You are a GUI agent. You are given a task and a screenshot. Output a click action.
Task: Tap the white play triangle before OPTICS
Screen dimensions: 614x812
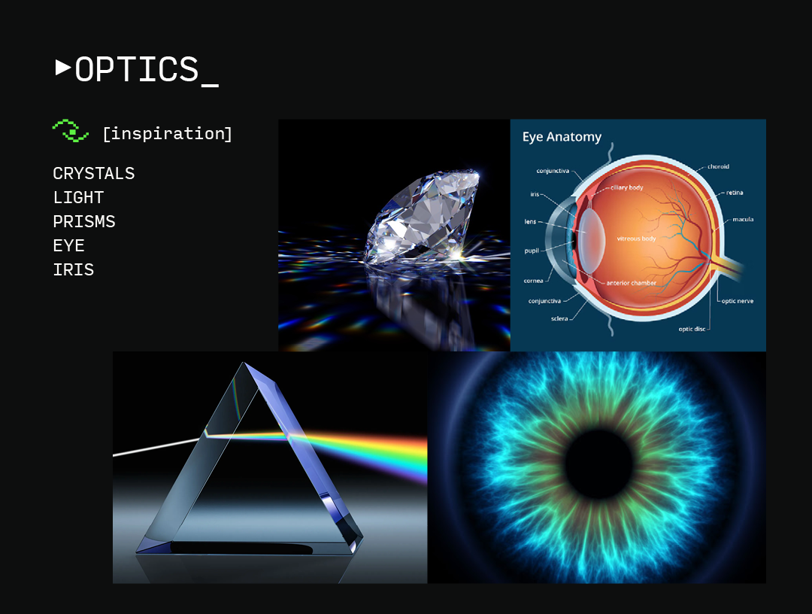pyautogui.click(x=62, y=68)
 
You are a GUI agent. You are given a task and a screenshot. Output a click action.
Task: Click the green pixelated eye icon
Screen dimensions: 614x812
pyautogui.click(x=71, y=131)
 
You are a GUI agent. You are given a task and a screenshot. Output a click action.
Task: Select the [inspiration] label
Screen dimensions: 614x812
pyautogui.click(x=167, y=134)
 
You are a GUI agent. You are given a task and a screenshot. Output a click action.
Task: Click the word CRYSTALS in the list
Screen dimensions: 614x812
pyautogui.click(x=94, y=174)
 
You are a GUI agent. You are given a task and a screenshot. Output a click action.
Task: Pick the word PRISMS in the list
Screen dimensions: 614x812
pyautogui.click(x=84, y=222)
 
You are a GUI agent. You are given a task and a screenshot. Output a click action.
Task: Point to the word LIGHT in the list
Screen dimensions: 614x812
pyautogui.click(x=78, y=198)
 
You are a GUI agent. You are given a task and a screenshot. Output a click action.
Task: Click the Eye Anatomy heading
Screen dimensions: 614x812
pyautogui.click(x=562, y=137)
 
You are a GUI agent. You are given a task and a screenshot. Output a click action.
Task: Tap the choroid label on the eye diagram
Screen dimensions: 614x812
pyautogui.click(x=718, y=166)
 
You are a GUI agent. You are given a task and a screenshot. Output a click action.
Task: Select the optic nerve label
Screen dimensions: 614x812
pyautogui.click(x=737, y=301)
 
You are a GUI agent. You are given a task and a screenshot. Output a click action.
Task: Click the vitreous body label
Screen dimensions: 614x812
pyautogui.click(x=636, y=239)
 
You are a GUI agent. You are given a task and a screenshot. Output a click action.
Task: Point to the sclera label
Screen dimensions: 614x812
pyautogui.click(x=559, y=318)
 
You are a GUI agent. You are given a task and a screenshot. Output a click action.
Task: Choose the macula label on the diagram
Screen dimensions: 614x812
pyautogui.click(x=742, y=220)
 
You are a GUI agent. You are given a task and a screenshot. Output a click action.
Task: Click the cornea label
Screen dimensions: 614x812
pyautogui.click(x=533, y=281)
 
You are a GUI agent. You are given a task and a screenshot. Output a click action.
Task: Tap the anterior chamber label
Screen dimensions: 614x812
pyautogui.click(x=632, y=283)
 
